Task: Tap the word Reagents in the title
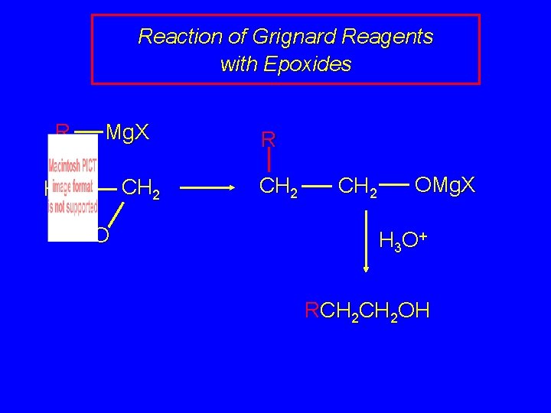pyautogui.click(x=397, y=37)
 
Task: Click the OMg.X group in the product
pyautogui.click(x=445, y=184)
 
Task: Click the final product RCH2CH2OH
pyautogui.click(x=367, y=311)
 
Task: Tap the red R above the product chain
pyautogui.click(x=269, y=140)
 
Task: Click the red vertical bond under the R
pyautogui.click(x=269, y=161)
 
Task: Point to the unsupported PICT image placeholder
pyautogui.click(x=73, y=187)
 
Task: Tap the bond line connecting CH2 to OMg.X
pyautogui.click(x=396, y=184)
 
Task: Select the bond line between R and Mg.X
pyautogui.click(x=89, y=133)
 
